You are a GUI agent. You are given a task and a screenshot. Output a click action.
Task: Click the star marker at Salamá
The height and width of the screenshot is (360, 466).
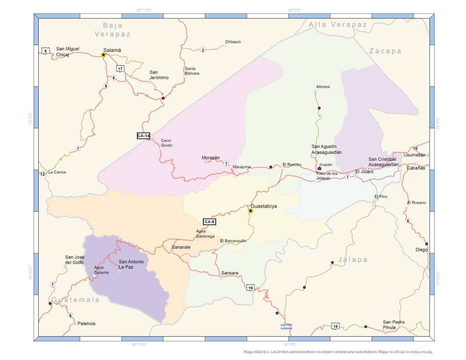[x=103, y=55]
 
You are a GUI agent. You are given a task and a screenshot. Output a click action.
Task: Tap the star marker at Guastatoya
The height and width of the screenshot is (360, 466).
[x=250, y=211]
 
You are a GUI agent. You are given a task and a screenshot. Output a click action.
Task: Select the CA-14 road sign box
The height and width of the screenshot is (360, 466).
[x=144, y=136]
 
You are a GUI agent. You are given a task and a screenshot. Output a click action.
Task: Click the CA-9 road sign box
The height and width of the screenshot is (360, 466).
[x=209, y=222]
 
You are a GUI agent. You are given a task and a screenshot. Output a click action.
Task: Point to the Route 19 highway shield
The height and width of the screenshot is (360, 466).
[x=250, y=288]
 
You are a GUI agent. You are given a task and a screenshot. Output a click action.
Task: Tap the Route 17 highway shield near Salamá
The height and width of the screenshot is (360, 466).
[x=119, y=68]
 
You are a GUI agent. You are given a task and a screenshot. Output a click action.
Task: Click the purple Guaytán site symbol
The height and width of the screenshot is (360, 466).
[x=319, y=168]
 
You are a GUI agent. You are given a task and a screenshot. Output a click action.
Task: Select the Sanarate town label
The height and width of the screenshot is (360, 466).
[x=181, y=247]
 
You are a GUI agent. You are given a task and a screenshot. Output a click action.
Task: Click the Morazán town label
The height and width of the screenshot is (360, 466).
[x=211, y=157]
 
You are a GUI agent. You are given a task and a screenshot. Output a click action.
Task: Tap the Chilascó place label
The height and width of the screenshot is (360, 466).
[x=233, y=42]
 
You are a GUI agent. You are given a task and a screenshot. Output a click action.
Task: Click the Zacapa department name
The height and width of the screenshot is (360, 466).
[x=385, y=51]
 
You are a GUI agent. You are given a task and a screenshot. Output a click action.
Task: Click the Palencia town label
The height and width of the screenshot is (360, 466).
[x=86, y=323]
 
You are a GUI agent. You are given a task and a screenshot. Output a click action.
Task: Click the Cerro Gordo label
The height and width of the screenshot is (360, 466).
[x=167, y=143]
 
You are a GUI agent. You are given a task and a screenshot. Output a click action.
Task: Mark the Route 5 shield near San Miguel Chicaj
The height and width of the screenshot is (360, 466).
[x=45, y=51]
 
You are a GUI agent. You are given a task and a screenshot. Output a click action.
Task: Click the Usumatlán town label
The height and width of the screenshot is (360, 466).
[x=414, y=155]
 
